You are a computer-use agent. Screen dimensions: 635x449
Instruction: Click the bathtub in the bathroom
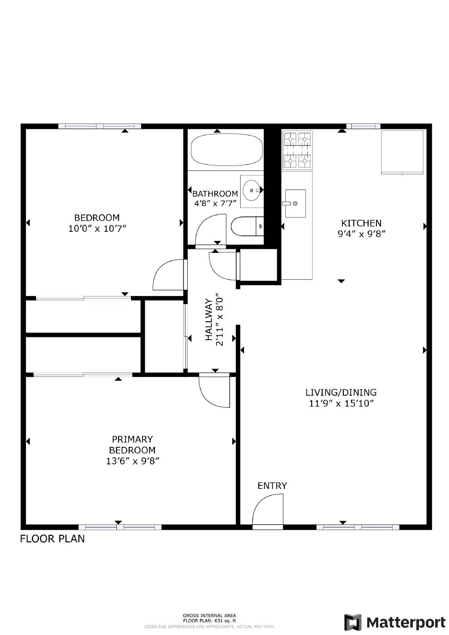point(227,149)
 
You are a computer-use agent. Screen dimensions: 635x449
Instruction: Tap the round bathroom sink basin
point(251,190)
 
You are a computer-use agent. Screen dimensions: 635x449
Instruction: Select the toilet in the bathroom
point(247,227)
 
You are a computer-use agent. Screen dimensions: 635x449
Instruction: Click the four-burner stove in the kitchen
point(297,150)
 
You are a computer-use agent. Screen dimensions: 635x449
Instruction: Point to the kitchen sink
point(295,203)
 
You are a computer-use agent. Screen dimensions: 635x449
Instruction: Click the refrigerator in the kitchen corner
point(402,152)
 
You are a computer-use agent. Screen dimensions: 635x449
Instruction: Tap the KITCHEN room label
point(361,223)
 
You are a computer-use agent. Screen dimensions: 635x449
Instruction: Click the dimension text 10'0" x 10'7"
point(97,229)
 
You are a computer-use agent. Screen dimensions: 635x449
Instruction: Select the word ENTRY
point(272,486)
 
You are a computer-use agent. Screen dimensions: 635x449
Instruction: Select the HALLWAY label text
point(209,320)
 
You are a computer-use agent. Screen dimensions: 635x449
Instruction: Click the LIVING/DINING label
point(341,393)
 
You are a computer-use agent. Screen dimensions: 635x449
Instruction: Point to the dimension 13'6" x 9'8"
point(133,461)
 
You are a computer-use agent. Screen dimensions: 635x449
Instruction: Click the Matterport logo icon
point(353,622)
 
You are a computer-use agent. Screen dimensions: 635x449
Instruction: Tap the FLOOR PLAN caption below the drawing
point(52,539)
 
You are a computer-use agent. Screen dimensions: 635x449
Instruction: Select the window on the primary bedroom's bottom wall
point(120,527)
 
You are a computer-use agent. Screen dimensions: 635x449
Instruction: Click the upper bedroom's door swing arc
point(168,275)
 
